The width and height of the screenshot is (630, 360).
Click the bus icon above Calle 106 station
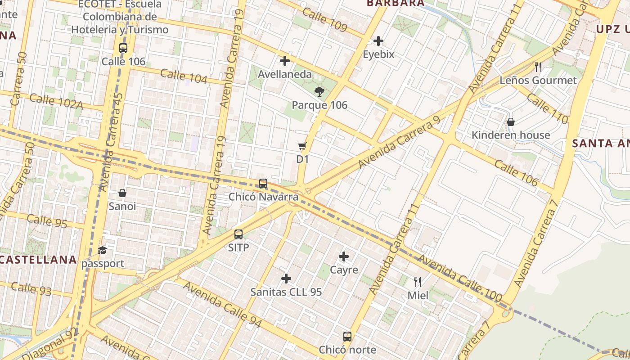click(x=123, y=48)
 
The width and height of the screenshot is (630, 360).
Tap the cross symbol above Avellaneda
click(x=285, y=61)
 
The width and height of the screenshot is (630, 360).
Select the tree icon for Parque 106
click(x=319, y=92)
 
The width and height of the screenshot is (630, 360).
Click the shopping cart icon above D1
click(x=302, y=146)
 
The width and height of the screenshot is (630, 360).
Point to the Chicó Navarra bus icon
click(x=263, y=184)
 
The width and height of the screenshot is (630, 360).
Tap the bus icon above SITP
click(x=238, y=234)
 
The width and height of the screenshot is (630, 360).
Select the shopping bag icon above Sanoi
click(x=122, y=193)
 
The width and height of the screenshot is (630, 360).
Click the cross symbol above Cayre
click(x=344, y=256)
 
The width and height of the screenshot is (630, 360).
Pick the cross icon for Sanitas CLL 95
click(x=286, y=279)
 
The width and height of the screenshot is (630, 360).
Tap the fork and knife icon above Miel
click(x=418, y=282)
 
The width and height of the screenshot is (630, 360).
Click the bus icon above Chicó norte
click(x=347, y=336)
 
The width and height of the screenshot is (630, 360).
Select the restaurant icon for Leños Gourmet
click(x=538, y=67)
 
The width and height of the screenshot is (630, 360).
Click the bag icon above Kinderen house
click(x=511, y=122)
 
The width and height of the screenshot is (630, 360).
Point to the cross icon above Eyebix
click(x=378, y=41)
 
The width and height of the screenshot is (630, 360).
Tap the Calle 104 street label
click(x=184, y=76)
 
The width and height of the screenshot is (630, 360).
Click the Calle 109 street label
click(x=324, y=19)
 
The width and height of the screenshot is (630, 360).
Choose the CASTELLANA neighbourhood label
click(x=38, y=260)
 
